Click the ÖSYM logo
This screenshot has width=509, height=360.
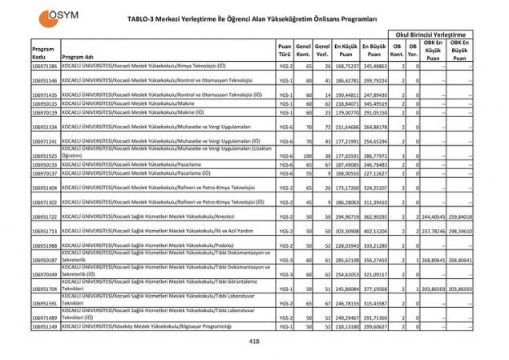[50, 17]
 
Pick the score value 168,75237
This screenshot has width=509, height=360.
[346, 67]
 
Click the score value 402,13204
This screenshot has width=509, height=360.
[374, 231]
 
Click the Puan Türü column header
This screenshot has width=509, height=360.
[284, 52]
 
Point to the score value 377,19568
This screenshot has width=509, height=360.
[374, 288]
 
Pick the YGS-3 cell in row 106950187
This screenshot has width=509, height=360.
[284, 260]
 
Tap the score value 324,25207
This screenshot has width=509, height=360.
[374, 188]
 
